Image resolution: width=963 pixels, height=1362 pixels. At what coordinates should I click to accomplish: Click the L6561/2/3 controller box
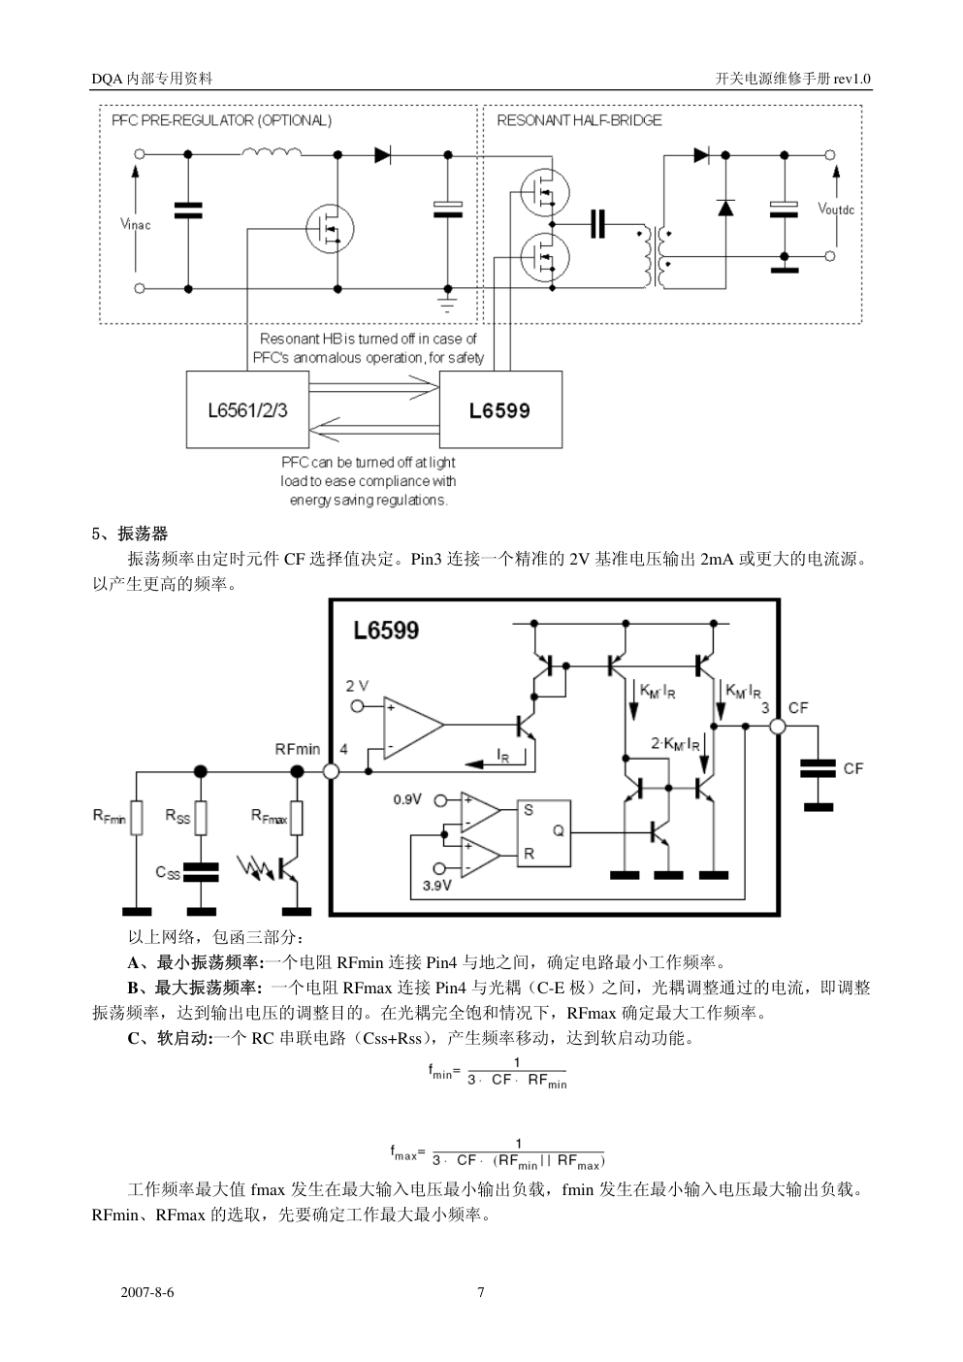click(x=247, y=409)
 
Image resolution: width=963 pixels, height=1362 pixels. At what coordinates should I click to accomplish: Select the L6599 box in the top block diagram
click(x=500, y=409)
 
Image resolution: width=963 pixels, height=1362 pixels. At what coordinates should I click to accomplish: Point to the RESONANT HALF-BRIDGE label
click(x=579, y=120)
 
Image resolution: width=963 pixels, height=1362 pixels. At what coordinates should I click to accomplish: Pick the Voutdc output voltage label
click(x=835, y=209)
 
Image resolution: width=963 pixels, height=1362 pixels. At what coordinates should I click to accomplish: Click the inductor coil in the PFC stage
click(x=272, y=151)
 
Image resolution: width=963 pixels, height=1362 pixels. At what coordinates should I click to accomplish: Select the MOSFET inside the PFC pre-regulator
click(x=330, y=229)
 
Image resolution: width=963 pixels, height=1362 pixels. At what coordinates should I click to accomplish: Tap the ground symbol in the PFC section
click(x=448, y=306)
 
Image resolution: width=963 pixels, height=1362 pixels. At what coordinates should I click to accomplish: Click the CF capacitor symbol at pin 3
click(x=818, y=768)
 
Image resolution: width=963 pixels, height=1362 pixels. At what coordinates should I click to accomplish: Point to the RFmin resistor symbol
click(x=137, y=817)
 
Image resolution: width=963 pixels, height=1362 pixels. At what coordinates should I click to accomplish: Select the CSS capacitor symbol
click(x=201, y=871)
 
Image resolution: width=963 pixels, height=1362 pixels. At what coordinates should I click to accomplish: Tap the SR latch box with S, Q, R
click(x=543, y=832)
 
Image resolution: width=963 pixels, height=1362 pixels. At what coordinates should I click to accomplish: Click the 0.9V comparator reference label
click(x=407, y=800)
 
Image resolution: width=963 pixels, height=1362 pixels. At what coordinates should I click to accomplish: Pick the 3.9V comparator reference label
click(x=438, y=885)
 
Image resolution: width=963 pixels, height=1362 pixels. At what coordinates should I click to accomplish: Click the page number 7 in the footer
click(x=481, y=1292)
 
